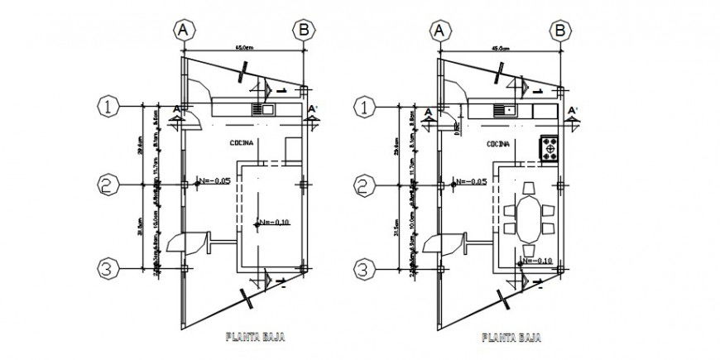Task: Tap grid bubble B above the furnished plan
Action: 561,30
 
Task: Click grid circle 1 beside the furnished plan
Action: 362,106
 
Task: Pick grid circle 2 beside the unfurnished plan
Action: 104,185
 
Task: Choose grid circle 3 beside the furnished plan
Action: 362,268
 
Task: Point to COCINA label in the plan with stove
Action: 498,143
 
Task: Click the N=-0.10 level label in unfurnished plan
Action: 274,223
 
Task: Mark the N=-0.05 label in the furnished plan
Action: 469,180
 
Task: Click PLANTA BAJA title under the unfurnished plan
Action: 252,338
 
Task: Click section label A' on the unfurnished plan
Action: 312,108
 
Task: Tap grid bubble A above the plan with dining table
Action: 439,30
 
